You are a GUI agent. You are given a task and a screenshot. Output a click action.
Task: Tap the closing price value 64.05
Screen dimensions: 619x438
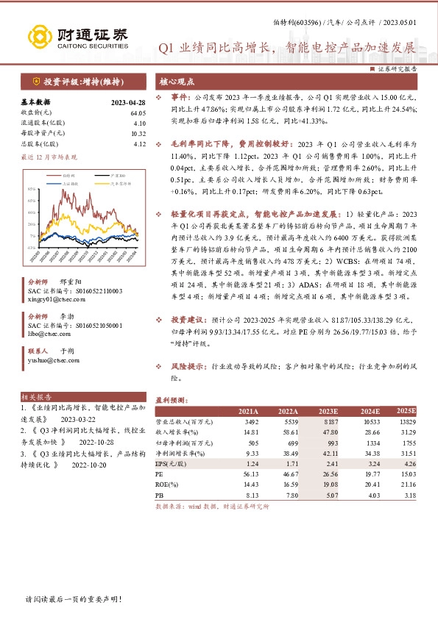pos(138,112)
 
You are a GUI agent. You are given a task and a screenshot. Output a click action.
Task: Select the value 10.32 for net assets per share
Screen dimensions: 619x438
pos(138,133)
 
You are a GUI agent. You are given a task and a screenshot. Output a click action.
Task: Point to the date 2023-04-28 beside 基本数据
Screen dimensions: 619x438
pos(130,102)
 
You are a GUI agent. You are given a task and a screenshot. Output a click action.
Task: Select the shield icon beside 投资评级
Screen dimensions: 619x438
pos(36,81)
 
